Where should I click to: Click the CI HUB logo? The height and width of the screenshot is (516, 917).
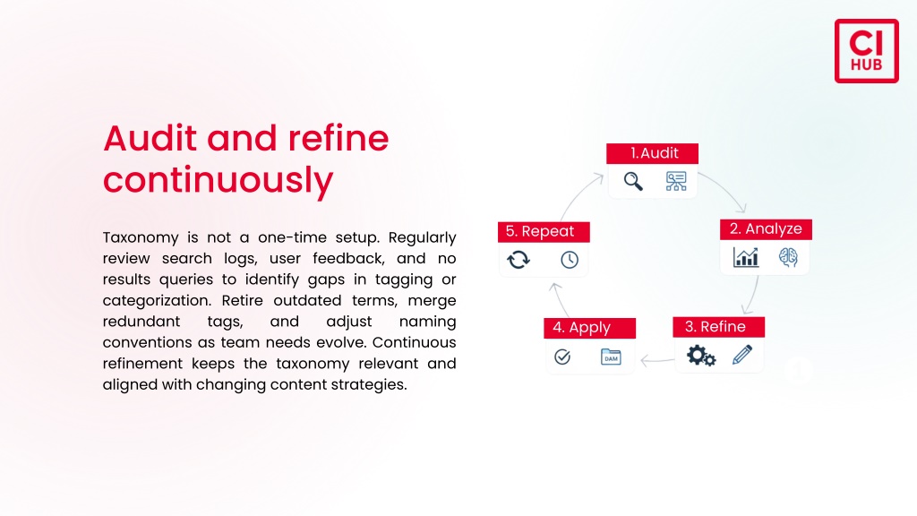pos(866,51)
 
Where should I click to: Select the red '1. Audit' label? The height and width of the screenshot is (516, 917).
pos(652,153)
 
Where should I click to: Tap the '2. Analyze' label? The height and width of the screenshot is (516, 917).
pos(766,228)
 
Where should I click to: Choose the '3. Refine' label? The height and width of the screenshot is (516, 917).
pos(718,326)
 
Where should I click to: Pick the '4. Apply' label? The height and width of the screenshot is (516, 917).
pos(589,328)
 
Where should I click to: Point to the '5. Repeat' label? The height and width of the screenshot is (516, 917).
pos(544,232)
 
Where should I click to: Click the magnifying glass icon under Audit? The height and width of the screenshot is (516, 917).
pos(633,181)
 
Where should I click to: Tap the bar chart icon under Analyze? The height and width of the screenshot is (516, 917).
pos(746,257)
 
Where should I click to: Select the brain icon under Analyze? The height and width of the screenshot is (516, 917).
pos(788,257)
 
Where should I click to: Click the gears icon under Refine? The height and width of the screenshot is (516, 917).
pos(700,355)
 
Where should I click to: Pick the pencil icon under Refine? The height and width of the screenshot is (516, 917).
pos(742,355)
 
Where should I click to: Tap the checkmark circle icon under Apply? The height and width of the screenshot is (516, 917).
pos(562,357)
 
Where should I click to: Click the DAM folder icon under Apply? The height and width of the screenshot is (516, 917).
pos(611,357)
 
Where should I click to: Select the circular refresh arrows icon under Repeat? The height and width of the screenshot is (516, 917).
pos(518,259)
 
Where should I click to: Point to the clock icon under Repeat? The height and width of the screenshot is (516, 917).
pos(569,260)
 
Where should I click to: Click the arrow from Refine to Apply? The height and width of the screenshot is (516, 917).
pos(657,360)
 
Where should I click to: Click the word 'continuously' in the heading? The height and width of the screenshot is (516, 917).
pos(219,180)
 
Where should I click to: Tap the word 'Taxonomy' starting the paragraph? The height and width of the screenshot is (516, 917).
pos(141,238)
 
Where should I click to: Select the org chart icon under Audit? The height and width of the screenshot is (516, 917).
pos(676,181)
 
